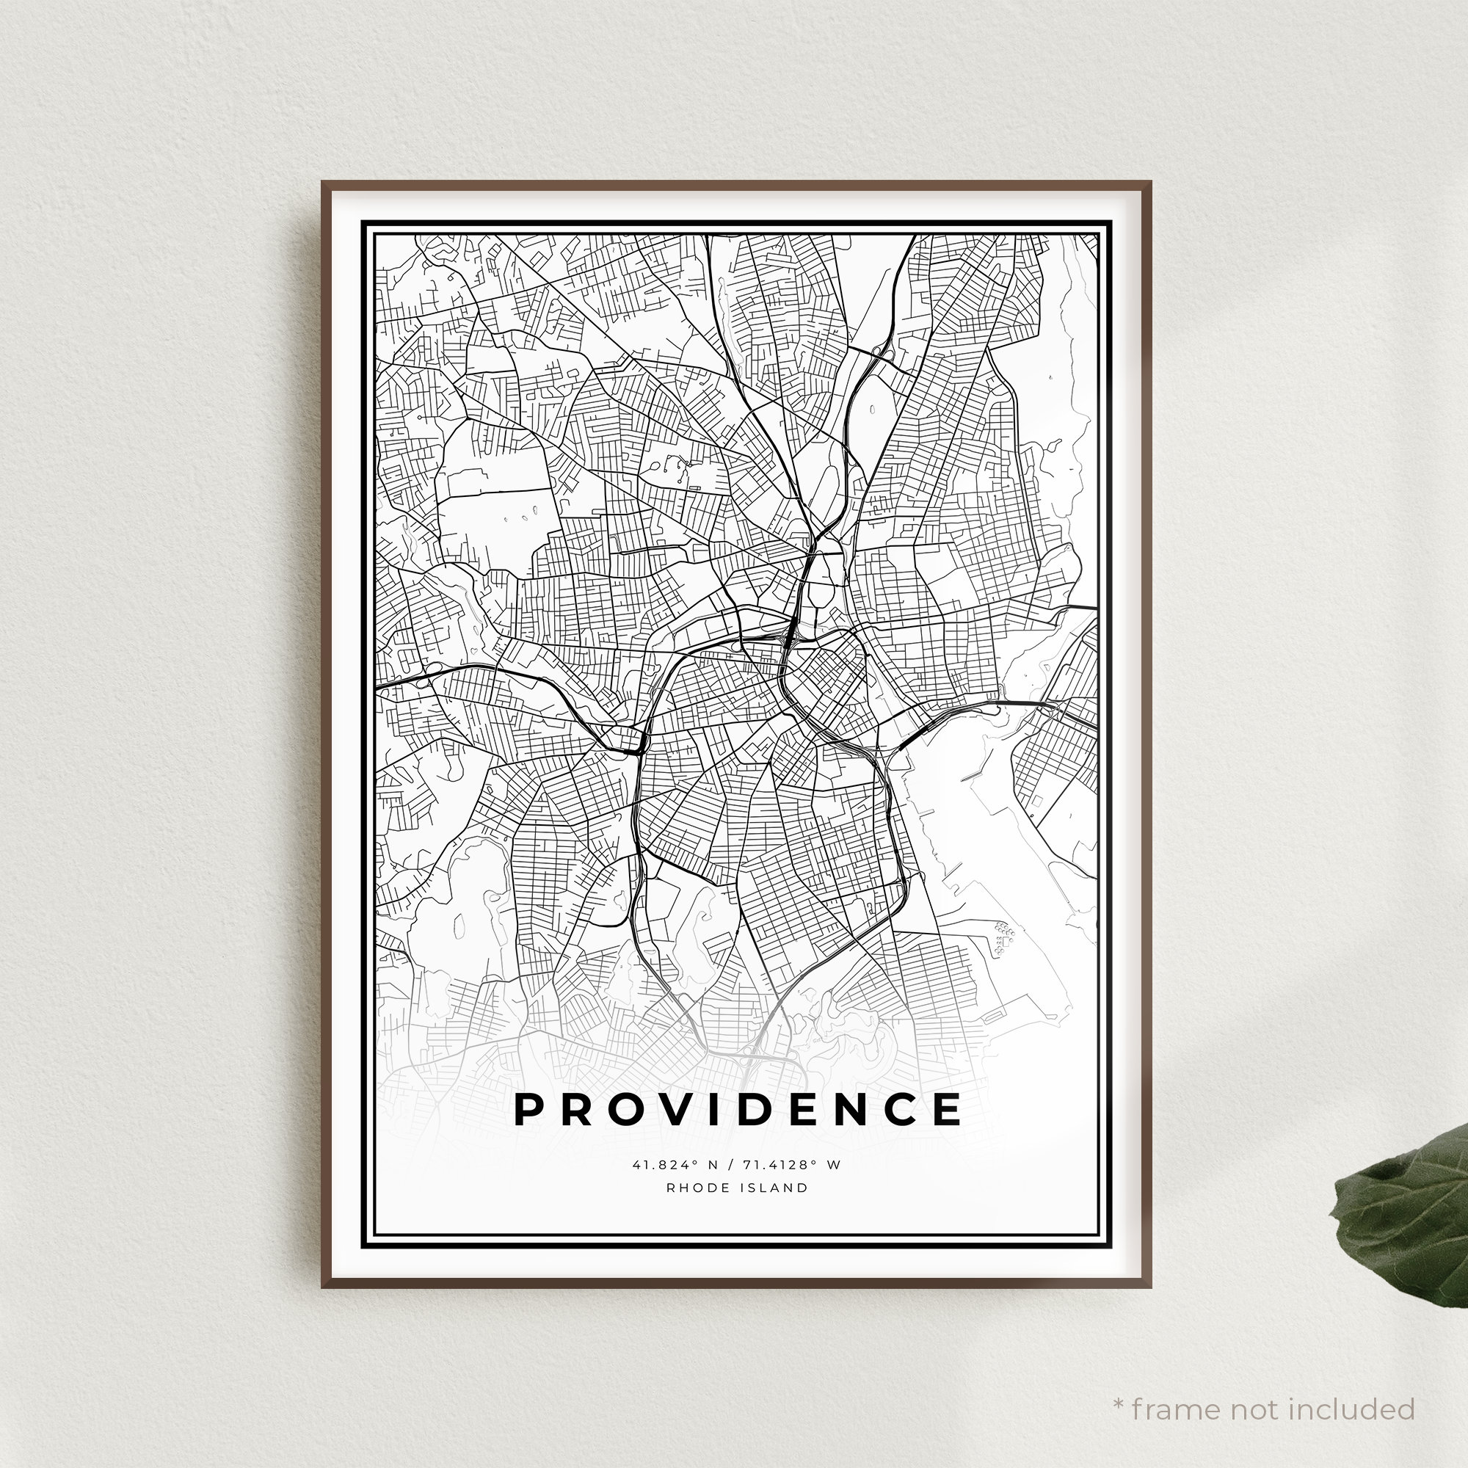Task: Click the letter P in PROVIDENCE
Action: [530, 1110]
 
